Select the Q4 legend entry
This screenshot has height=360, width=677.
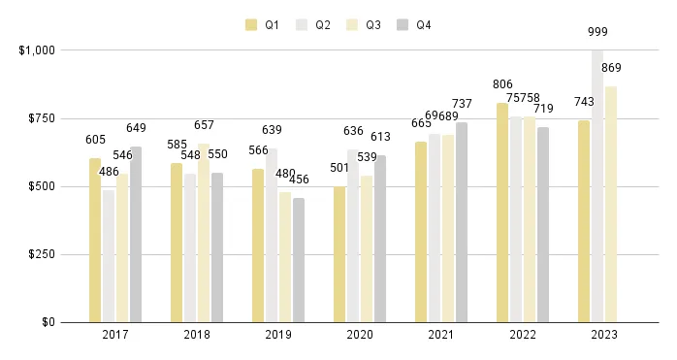(x=413, y=25)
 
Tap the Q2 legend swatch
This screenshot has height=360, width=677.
(x=303, y=25)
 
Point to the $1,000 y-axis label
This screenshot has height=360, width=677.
(x=37, y=49)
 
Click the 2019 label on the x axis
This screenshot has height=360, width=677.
(x=278, y=336)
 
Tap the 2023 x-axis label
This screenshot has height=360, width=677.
(x=604, y=336)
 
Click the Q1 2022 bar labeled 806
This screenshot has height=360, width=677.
(x=502, y=213)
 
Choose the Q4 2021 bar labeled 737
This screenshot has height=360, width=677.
(x=462, y=222)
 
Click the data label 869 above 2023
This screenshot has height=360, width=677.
(x=611, y=68)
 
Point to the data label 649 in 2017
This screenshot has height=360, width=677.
(x=136, y=128)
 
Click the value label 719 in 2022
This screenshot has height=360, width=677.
(x=543, y=109)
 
